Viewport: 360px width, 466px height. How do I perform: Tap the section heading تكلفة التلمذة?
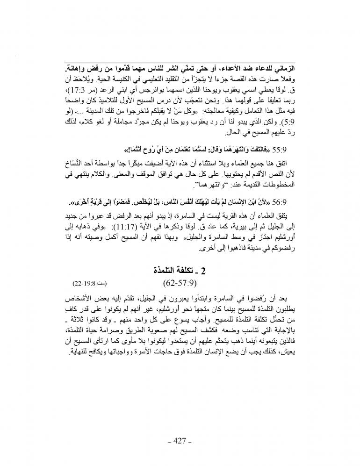pos(175,270)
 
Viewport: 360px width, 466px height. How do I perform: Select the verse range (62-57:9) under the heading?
pos(180,283)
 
